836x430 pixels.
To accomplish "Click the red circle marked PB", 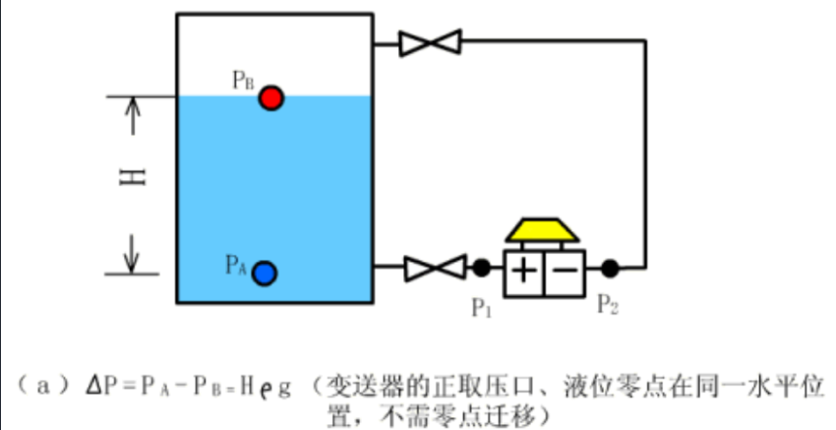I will tap(270, 97).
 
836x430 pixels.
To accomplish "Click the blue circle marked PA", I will tap(263, 273).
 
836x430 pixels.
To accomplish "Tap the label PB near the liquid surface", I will tap(243, 81).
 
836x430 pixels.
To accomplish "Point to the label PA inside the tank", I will tap(236, 264).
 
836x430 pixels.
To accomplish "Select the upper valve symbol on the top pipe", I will tap(431, 42).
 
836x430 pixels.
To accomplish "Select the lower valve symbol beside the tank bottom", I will tap(435, 267).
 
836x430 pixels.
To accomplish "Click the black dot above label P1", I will tap(481, 267).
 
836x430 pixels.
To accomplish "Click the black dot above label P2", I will tap(611, 267).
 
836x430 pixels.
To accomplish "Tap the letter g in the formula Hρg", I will tap(283, 385).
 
